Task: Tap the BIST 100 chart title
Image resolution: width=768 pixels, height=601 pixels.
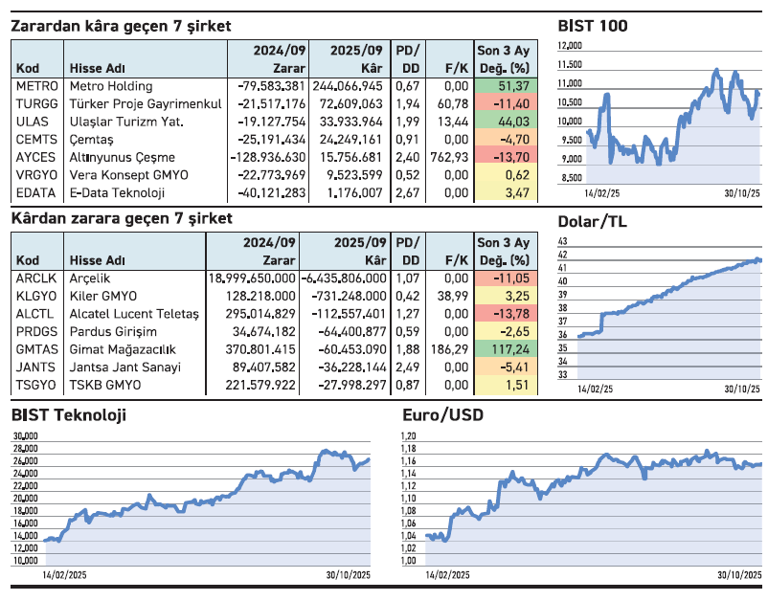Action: (x=593, y=26)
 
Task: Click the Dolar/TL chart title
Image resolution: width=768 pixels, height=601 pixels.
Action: (x=592, y=222)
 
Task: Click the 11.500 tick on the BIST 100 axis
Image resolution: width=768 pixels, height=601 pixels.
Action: (x=571, y=65)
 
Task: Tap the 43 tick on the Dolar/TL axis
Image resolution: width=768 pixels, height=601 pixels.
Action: (x=563, y=242)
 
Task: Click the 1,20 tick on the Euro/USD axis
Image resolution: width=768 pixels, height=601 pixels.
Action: (x=408, y=435)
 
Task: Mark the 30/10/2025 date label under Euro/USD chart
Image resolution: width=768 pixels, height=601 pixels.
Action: (x=738, y=575)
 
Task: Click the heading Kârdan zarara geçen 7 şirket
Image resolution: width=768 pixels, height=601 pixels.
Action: (x=122, y=219)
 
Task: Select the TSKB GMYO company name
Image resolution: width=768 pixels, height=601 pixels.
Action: (x=105, y=385)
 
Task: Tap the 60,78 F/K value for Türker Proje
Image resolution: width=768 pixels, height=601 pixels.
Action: (x=452, y=103)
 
